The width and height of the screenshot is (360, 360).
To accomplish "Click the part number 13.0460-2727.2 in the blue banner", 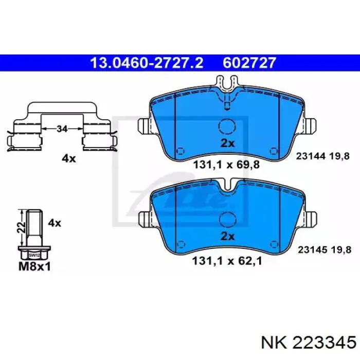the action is [147, 63].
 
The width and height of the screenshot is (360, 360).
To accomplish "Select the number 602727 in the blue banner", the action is [249, 63].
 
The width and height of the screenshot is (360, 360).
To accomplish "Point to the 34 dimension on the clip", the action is [62, 129].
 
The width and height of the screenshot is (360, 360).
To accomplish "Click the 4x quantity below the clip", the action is [68, 158].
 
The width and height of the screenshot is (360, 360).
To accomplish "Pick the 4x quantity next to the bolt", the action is [55, 223].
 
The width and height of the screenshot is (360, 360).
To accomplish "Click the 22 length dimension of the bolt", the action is [22, 227].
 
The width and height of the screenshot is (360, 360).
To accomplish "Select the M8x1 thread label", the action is [34, 266].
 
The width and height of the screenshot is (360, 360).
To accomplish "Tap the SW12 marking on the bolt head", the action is [34, 255].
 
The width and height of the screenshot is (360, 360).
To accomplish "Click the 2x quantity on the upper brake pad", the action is [227, 143].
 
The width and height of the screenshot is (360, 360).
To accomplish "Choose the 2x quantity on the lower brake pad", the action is [227, 236].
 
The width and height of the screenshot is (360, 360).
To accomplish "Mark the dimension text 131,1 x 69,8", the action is [227, 165].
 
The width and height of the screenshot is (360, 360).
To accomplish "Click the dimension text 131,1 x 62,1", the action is [227, 261].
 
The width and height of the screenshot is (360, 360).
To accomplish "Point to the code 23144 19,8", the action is [323, 156].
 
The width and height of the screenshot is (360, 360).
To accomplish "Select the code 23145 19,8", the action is [325, 249].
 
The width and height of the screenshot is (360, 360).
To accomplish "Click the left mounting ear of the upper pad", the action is [144, 126].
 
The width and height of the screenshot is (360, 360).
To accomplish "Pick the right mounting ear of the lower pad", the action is [311, 219].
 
